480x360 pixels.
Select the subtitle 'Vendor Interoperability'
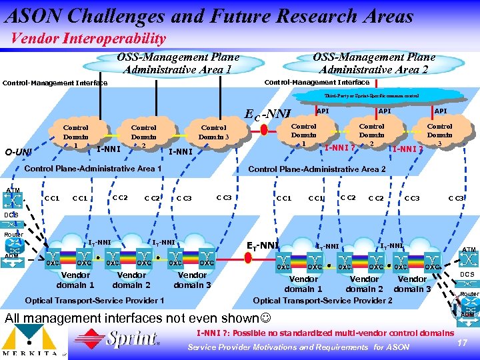tap(88, 39)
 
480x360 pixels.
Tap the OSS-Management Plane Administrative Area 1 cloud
tap(178, 63)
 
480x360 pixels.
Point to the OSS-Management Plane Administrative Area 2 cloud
tap(373, 63)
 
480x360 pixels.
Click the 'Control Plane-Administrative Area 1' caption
tap(93, 169)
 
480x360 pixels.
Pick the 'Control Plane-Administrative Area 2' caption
tap(317, 169)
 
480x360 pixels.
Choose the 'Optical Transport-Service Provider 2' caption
tap(322, 300)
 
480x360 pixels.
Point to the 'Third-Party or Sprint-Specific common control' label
tap(372, 96)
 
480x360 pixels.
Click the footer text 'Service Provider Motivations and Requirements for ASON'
tap(298, 347)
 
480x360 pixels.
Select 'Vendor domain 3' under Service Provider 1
tap(192, 280)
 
